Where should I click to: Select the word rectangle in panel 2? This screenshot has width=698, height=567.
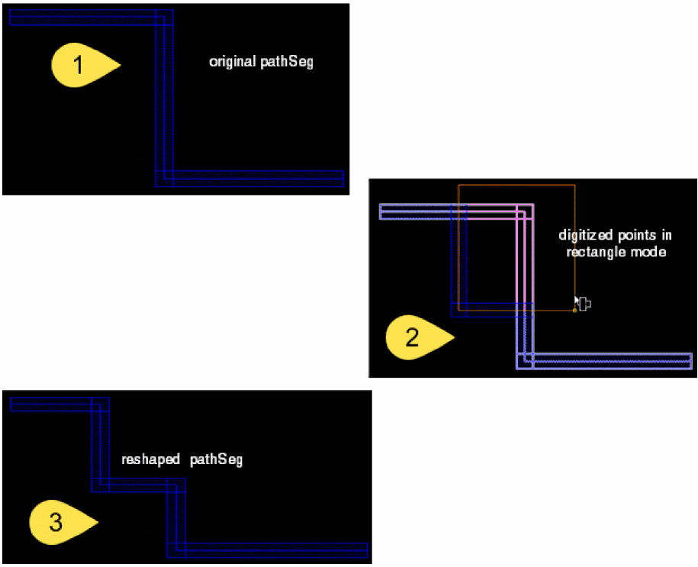(595, 253)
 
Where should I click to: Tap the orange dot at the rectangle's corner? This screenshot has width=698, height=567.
(574, 311)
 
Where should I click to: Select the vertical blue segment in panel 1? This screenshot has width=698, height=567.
(161, 95)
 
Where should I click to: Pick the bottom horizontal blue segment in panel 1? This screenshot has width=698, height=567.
(252, 179)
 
